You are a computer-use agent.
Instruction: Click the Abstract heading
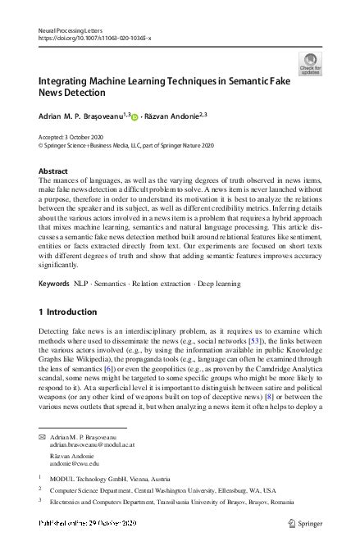pos(53,171)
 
